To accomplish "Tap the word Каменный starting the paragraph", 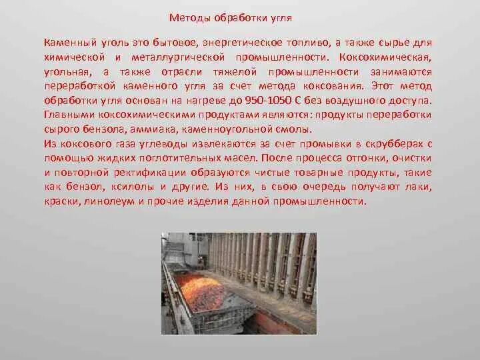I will click(68, 42).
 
